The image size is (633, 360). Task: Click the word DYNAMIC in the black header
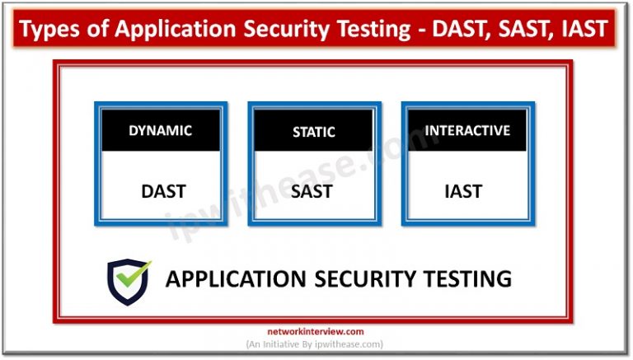(160, 130)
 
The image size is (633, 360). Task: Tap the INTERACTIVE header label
(467, 130)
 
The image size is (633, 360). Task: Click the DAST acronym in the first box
(163, 191)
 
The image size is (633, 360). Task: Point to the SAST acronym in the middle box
(312, 191)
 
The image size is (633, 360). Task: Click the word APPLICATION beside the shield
(236, 279)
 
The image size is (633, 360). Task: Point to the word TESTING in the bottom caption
(466, 279)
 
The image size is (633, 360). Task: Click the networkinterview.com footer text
(317, 332)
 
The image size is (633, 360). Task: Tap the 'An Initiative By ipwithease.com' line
(316, 344)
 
